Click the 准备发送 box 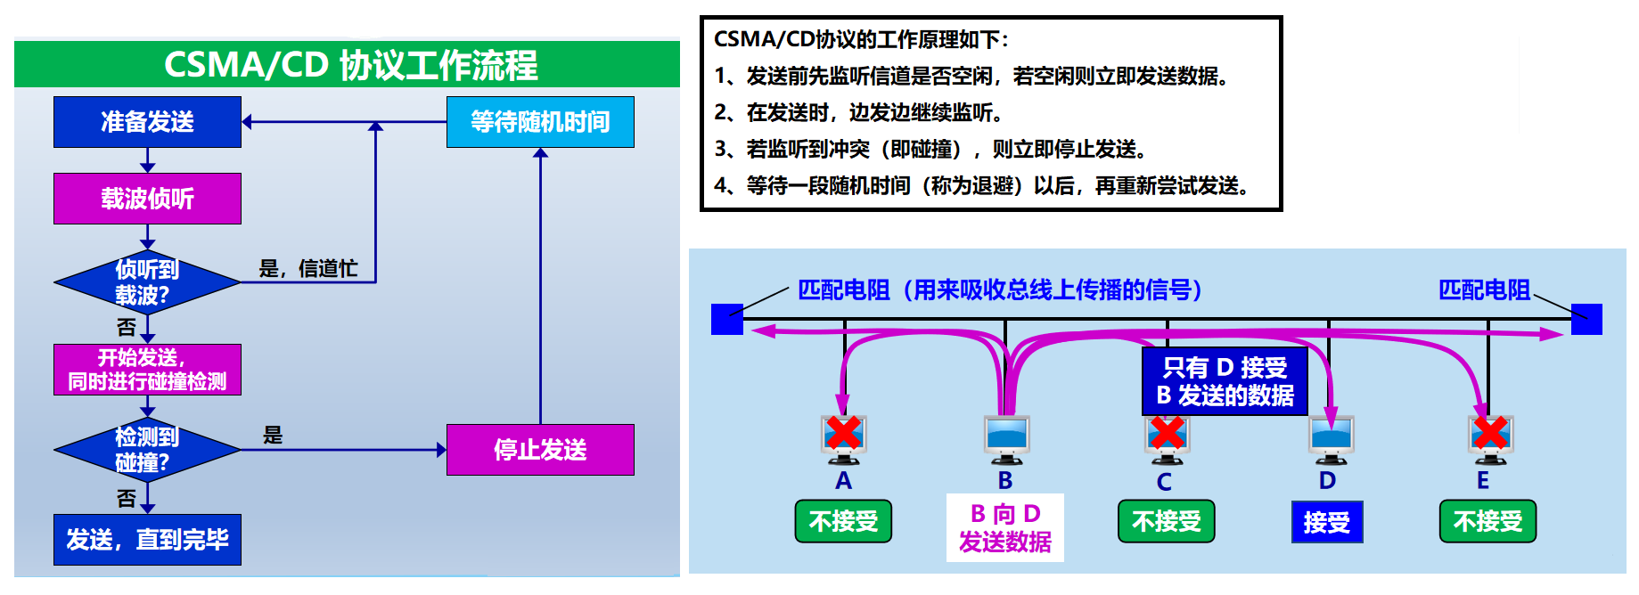tap(147, 122)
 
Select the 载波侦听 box tap(147, 199)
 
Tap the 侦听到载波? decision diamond tap(147, 282)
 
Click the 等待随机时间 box tap(540, 122)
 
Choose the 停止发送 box tap(540, 450)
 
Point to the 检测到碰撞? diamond tap(147, 450)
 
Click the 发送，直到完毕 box tap(147, 540)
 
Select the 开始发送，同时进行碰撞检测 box tap(147, 370)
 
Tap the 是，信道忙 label tap(308, 268)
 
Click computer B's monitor tap(1006, 436)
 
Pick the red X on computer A tap(843, 433)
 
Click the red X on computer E tap(1490, 433)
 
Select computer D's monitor tap(1331, 436)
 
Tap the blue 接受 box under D tap(1327, 522)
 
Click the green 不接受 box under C tap(1167, 521)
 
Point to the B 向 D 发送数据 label tap(1005, 527)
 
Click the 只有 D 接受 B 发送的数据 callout tap(1225, 381)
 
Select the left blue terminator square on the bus tap(727, 319)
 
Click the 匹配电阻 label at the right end tap(1484, 289)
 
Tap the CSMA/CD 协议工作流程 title tap(350, 65)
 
